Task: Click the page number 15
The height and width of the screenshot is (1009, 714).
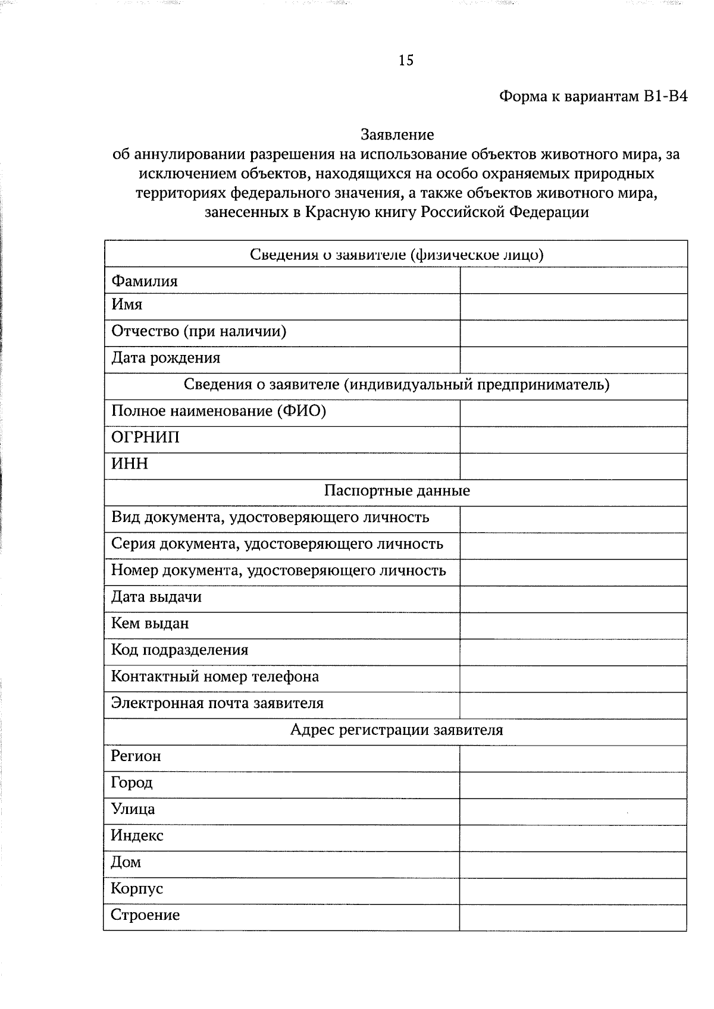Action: point(406,60)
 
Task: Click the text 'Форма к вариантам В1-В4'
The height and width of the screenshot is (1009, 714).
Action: point(593,96)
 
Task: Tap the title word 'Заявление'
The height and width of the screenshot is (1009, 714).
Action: point(397,135)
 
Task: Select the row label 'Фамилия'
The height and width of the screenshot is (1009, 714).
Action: point(145,281)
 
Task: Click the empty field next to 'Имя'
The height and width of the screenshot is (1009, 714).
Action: point(573,307)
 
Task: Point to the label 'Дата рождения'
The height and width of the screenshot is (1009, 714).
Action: point(165,358)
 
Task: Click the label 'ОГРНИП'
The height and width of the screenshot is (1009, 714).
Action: point(145,438)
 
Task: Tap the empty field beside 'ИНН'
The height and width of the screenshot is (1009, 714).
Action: point(573,466)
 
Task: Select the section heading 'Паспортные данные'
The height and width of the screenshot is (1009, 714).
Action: point(397,491)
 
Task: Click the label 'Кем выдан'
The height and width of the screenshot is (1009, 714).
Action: point(150,624)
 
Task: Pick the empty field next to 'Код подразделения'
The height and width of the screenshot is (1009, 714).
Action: point(573,652)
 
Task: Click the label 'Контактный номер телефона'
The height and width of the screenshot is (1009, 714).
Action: point(215,677)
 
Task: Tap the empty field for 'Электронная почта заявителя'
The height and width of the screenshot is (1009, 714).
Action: point(573,705)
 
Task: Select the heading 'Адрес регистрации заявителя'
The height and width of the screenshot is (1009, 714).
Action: point(396,730)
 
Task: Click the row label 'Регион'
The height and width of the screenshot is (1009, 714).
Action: point(136,757)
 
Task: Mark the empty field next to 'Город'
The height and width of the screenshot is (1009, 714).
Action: point(573,785)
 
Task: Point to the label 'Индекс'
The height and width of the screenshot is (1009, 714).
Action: point(137,836)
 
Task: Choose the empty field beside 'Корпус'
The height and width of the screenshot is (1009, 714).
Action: point(573,891)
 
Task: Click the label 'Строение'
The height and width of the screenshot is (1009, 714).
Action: point(145,915)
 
